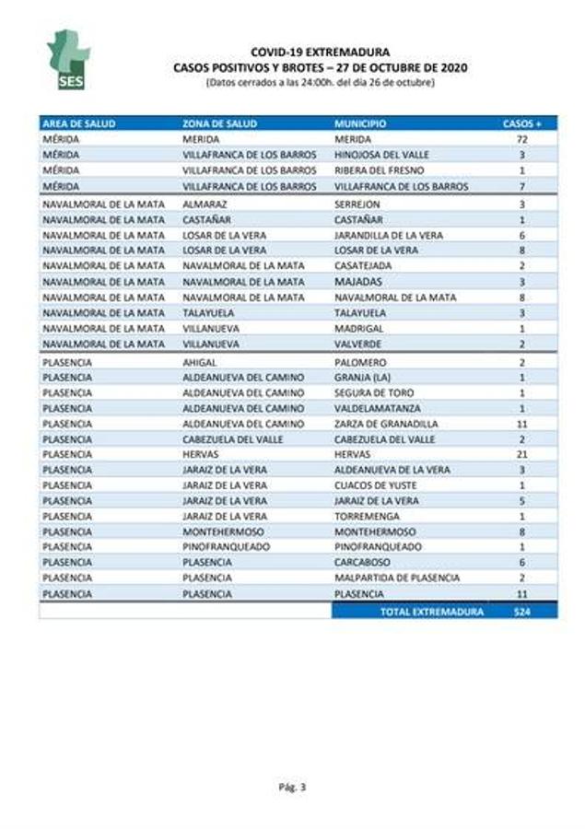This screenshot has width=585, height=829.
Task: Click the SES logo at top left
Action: point(68,60)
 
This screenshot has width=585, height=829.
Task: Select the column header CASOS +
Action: point(522,123)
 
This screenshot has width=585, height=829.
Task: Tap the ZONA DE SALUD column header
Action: point(220,123)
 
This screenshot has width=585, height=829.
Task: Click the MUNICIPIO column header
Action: point(360,123)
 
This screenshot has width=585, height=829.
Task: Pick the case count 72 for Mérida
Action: point(522,138)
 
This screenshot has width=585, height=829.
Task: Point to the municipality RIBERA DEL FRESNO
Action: point(373,170)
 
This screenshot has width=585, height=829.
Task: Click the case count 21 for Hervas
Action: point(522,455)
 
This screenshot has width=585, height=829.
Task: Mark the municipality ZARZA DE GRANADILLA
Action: point(386,424)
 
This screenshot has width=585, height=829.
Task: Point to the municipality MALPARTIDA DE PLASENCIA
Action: point(397,578)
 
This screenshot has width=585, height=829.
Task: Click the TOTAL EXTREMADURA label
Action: point(431,611)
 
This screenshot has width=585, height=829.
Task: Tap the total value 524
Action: point(522,611)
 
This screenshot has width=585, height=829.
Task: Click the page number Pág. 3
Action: point(292,786)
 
